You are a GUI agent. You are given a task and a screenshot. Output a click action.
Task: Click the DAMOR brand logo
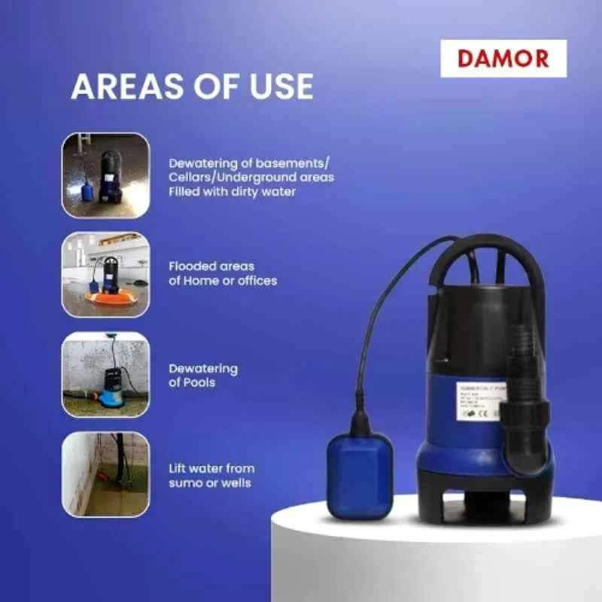coord(503,59)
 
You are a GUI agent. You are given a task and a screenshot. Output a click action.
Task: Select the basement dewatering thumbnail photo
coord(105,175)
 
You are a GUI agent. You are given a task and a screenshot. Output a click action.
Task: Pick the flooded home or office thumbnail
coord(105,274)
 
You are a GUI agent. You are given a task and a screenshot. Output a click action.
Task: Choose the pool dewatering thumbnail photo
coord(105,375)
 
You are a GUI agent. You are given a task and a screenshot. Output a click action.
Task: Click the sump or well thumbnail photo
coord(105,474)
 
